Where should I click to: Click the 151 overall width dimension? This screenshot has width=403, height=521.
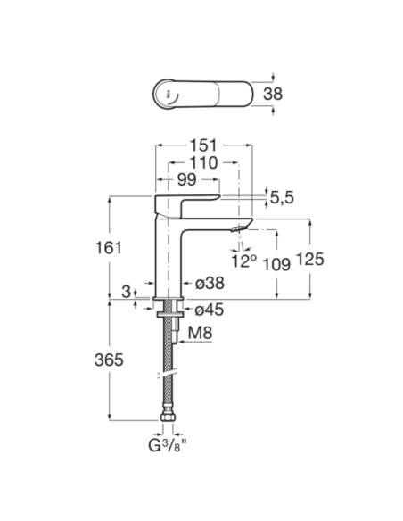point(203,145)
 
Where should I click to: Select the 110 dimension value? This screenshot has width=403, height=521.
point(203,162)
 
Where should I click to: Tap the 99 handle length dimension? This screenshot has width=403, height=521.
point(187,179)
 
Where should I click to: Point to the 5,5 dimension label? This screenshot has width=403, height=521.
point(282,198)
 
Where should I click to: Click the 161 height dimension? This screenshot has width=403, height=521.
point(109,248)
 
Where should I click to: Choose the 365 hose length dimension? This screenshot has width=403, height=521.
point(109,360)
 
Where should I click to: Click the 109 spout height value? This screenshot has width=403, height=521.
point(276,264)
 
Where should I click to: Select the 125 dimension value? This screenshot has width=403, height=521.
point(309,260)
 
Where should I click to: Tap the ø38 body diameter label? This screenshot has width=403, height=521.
point(210,284)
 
